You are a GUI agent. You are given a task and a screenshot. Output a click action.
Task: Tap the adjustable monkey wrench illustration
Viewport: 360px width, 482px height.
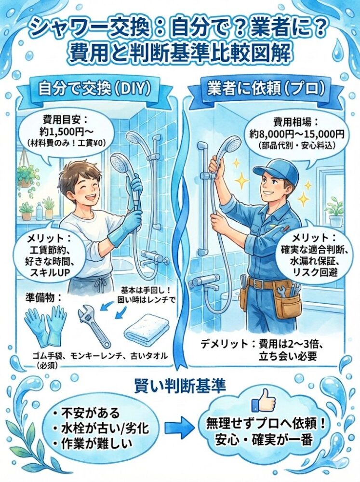[94, 324]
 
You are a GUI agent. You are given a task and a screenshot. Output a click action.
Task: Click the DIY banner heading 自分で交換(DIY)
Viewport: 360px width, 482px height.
[94, 89]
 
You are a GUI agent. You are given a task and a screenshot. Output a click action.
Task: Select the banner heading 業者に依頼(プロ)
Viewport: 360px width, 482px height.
[266, 89]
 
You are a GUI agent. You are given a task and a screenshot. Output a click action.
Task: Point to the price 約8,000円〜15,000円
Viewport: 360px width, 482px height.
[296, 134]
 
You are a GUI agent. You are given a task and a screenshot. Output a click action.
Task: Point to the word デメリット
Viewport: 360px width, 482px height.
[224, 343]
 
